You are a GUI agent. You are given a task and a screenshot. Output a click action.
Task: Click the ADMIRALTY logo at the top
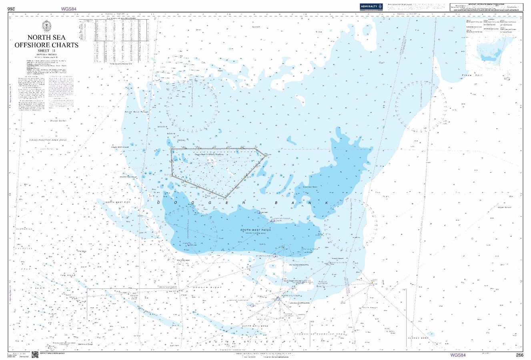(x=371, y=6)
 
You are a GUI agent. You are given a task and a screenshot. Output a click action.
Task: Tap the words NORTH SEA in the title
(x=46, y=38)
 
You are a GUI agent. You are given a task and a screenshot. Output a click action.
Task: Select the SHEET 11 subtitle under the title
(x=46, y=51)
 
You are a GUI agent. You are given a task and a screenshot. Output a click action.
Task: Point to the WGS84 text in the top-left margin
(x=68, y=8)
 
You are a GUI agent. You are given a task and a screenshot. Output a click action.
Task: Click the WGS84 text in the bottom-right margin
(x=458, y=355)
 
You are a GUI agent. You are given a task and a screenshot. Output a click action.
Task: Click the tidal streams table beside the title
(x=116, y=40)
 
